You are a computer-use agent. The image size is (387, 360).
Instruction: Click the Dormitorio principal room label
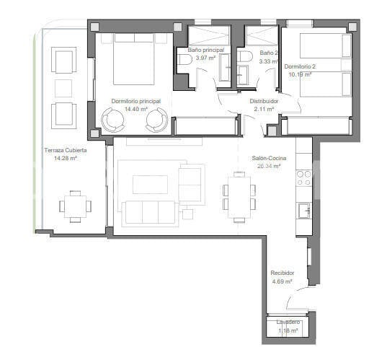(x=135, y=102)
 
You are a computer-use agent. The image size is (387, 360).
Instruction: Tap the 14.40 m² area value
(x=135, y=110)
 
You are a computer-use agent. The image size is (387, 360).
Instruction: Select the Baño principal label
(x=206, y=50)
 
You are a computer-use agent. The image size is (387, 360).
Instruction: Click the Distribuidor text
(x=264, y=102)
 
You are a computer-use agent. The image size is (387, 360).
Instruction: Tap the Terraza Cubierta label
(x=66, y=150)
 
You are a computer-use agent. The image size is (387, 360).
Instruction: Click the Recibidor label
(x=282, y=273)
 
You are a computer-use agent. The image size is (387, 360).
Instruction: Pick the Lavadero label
(x=288, y=322)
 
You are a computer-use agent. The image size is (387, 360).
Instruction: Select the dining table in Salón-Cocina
(x=239, y=195)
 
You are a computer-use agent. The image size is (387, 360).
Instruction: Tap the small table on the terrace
(x=75, y=205)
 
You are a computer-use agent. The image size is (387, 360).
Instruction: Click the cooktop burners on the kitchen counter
(x=303, y=178)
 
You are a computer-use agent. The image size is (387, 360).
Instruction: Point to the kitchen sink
(x=303, y=210)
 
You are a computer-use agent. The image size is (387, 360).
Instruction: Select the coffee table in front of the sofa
(x=150, y=185)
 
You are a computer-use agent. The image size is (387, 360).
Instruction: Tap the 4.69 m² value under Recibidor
(x=282, y=281)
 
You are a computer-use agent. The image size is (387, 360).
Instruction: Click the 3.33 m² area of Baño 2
(x=269, y=62)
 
